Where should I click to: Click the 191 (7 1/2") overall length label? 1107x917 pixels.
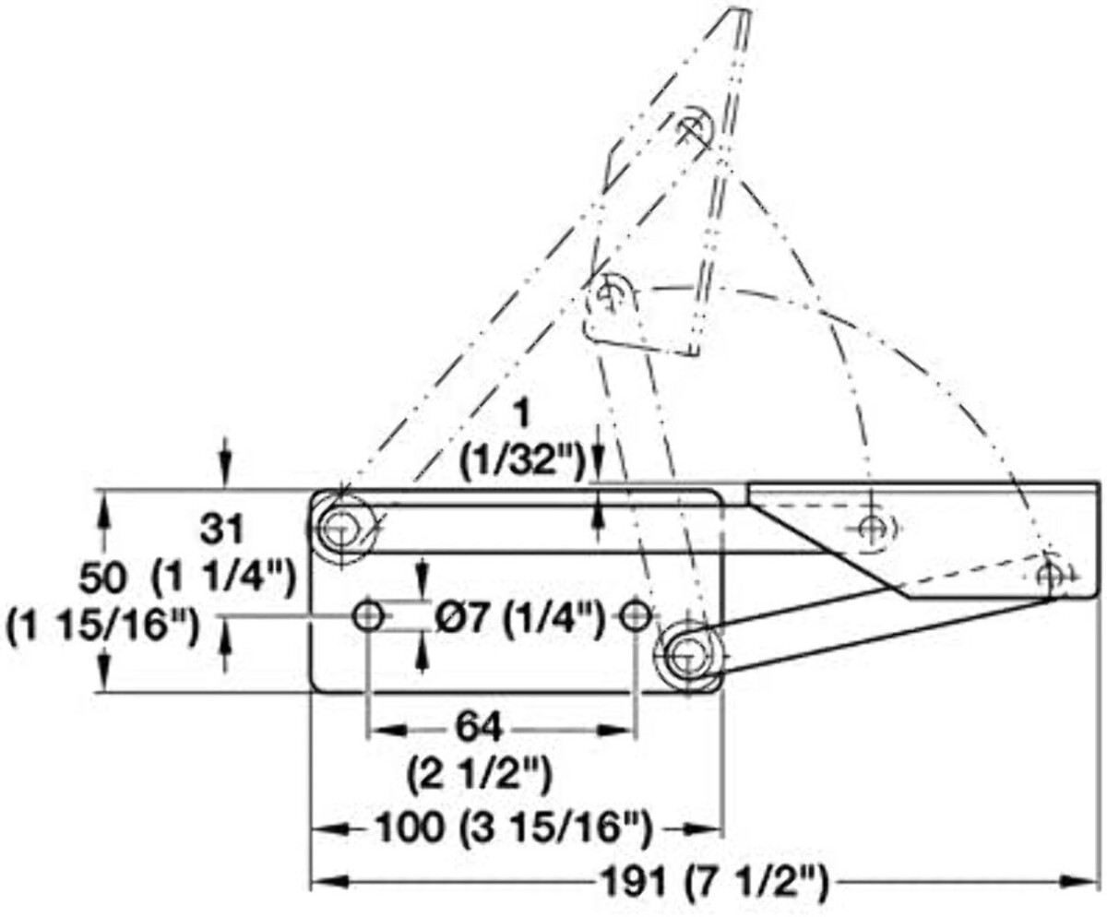click(711, 884)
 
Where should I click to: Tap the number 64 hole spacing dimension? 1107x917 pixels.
click(478, 729)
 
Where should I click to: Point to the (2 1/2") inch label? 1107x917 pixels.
click(480, 776)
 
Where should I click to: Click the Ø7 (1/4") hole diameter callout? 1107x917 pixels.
click(518, 618)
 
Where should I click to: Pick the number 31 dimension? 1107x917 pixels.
click(221, 530)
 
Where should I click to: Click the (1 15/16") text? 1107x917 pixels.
click(102, 625)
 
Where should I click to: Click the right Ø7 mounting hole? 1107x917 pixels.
click(636, 616)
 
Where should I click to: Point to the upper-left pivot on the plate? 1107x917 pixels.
click(341, 529)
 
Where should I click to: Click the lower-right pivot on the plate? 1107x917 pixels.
click(687, 657)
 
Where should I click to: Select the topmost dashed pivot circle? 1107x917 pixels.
click(694, 127)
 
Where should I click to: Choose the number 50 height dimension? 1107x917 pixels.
click(101, 579)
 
